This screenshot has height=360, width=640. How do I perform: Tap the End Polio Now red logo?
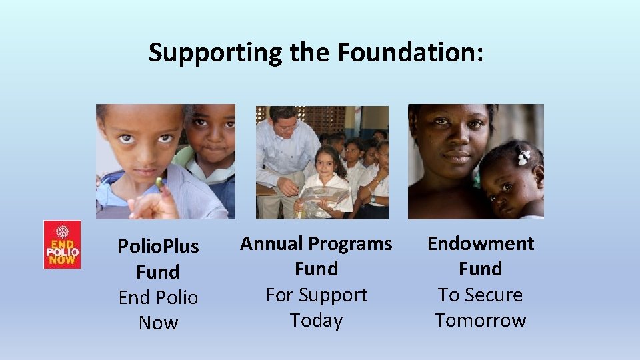click(x=62, y=245)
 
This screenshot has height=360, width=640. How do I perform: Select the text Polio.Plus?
click(x=158, y=246)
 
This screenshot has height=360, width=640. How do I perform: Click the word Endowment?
click(x=481, y=243)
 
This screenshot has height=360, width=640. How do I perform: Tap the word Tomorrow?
click(x=481, y=320)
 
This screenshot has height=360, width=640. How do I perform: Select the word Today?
click(x=316, y=320)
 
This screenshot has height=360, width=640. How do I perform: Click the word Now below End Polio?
click(x=158, y=323)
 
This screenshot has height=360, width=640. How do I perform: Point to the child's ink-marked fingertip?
click(x=160, y=181)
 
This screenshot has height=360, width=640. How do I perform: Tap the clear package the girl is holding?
click(x=325, y=197)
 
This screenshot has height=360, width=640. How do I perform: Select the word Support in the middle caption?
click(x=333, y=295)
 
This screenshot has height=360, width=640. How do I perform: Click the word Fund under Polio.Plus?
click(x=158, y=272)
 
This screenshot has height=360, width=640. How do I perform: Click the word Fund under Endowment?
click(x=481, y=269)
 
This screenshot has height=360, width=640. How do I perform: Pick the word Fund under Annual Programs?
click(x=316, y=269)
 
